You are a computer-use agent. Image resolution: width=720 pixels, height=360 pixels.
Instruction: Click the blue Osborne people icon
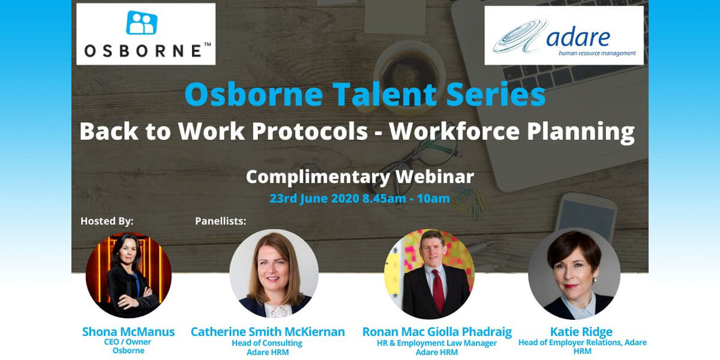142,23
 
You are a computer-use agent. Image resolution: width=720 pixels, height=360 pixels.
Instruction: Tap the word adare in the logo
578,37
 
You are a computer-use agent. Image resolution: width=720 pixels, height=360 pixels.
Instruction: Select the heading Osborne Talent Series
365,95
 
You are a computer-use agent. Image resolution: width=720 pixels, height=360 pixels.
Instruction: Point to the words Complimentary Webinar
359,176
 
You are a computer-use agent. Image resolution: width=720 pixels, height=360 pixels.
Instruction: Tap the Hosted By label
107,221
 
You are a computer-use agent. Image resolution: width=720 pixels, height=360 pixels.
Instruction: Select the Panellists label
220,221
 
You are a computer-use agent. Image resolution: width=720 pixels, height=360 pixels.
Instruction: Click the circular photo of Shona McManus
128,275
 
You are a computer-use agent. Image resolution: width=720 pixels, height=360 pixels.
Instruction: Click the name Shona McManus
128,332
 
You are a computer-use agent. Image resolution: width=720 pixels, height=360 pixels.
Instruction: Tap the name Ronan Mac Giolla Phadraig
437,332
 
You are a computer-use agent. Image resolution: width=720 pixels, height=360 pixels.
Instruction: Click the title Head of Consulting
267,343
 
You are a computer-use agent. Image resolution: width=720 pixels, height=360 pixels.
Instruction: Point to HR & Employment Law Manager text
436,343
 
